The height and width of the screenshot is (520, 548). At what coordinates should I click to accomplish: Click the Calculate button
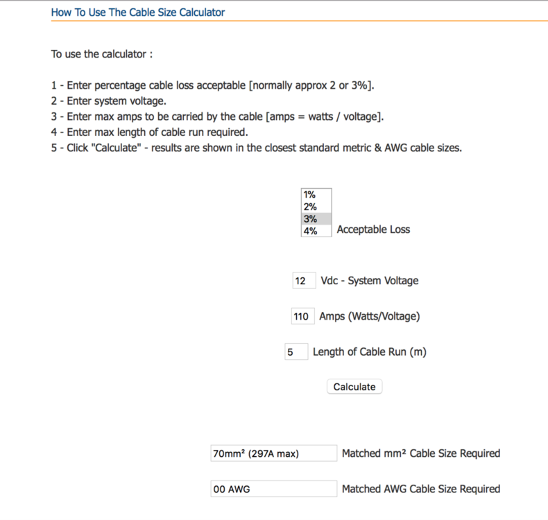[x=354, y=387]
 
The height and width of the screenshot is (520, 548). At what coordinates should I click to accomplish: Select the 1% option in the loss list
[x=316, y=195]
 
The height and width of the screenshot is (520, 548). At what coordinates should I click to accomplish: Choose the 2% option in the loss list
[x=316, y=207]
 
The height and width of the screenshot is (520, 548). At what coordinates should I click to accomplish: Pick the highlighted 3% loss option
[x=316, y=218]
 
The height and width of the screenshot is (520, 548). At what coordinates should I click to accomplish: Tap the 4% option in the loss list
[x=316, y=231]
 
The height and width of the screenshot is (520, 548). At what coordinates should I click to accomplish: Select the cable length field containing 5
[x=296, y=352]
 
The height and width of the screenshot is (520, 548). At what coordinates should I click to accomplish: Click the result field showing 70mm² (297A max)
[x=273, y=453]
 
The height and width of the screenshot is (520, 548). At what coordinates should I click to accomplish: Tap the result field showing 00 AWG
[x=273, y=489]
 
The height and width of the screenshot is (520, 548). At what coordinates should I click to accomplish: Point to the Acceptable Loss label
[x=373, y=229]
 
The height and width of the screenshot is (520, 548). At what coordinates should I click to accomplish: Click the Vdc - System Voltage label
[x=369, y=281]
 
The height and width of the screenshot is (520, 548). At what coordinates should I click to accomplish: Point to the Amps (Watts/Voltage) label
[x=369, y=316]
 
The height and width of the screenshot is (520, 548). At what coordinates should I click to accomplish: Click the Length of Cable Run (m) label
[x=369, y=352]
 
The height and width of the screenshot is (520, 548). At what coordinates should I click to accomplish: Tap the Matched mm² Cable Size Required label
[x=420, y=453]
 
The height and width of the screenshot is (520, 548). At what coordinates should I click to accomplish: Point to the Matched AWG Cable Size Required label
[x=420, y=489]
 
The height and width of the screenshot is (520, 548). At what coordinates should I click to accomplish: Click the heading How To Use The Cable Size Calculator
[x=138, y=12]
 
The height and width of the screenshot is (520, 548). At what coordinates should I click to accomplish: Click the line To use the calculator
[x=101, y=54]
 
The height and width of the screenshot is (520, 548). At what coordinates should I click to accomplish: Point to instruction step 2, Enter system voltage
[x=108, y=101]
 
